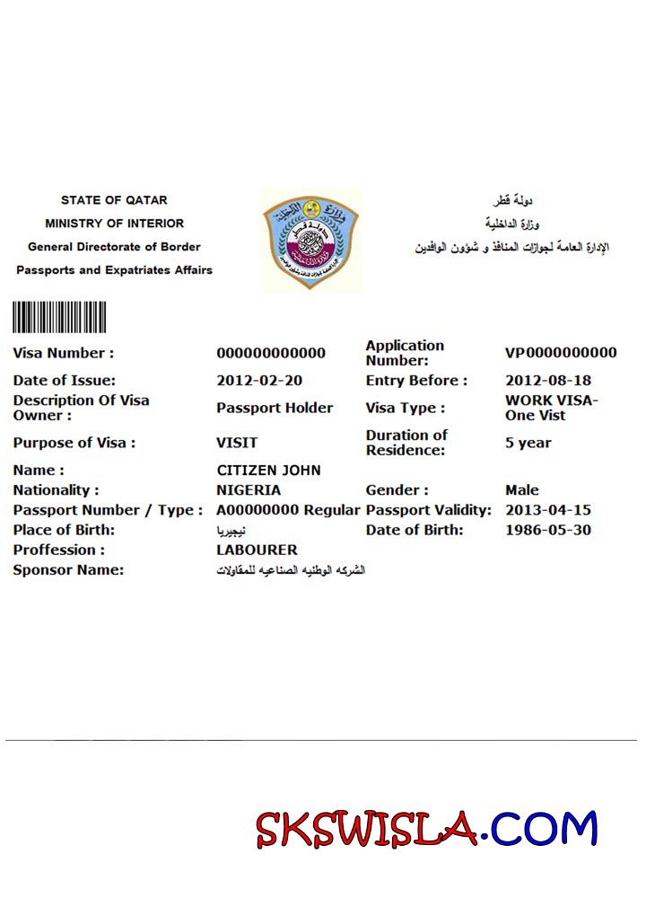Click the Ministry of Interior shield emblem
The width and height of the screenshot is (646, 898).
coord(310,239)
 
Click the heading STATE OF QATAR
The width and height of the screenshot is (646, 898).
coord(114,200)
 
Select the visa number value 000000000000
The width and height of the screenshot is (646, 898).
coord(271,353)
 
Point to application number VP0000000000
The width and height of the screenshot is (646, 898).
coord(561,353)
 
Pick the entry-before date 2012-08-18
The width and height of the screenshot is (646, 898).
coord(548,380)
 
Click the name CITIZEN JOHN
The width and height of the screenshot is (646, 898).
coord(268,471)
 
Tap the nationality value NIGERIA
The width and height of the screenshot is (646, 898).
coord(249,490)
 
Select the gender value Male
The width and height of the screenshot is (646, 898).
coord(522,490)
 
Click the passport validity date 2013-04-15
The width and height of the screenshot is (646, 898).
coord(548,510)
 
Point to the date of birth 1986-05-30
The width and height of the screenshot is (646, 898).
coord(548,530)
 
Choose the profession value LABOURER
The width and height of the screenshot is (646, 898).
coord(257,550)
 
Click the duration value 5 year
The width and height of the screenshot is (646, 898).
coord(528,443)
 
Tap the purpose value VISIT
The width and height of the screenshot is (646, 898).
coord(237,443)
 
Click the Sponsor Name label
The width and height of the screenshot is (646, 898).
coord(68,570)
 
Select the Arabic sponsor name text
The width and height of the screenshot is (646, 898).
coord(291,570)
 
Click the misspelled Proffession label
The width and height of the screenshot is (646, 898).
coord(58,550)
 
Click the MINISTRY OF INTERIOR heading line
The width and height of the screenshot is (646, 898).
coord(114,224)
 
